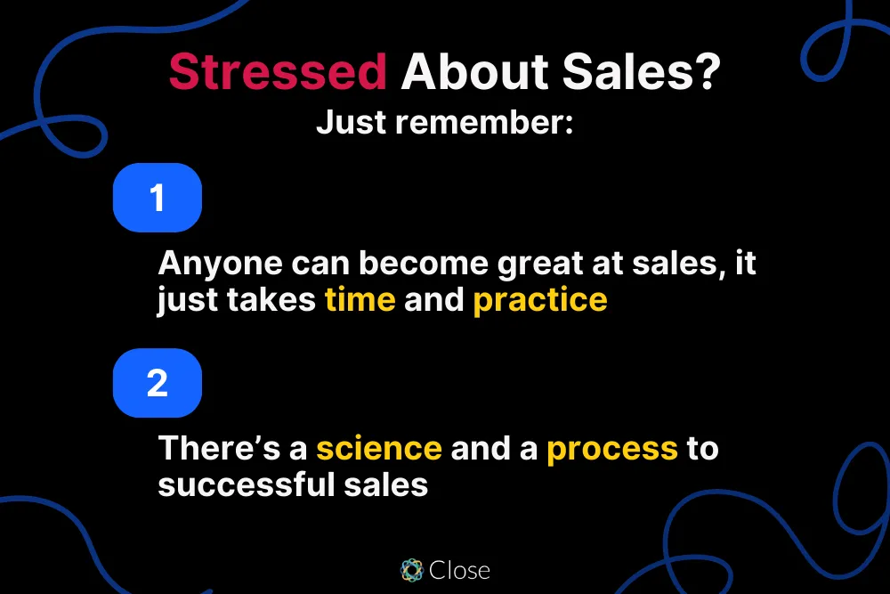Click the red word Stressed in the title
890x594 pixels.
tap(277, 72)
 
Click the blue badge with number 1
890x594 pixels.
tap(158, 197)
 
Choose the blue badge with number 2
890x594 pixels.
tap(158, 383)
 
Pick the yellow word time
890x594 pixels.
tap(360, 299)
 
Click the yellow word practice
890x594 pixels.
tap(540, 300)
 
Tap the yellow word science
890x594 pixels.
tap(379, 448)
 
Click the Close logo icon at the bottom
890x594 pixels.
tap(411, 570)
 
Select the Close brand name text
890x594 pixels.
tap(460, 570)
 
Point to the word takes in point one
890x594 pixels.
tap(273, 299)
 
